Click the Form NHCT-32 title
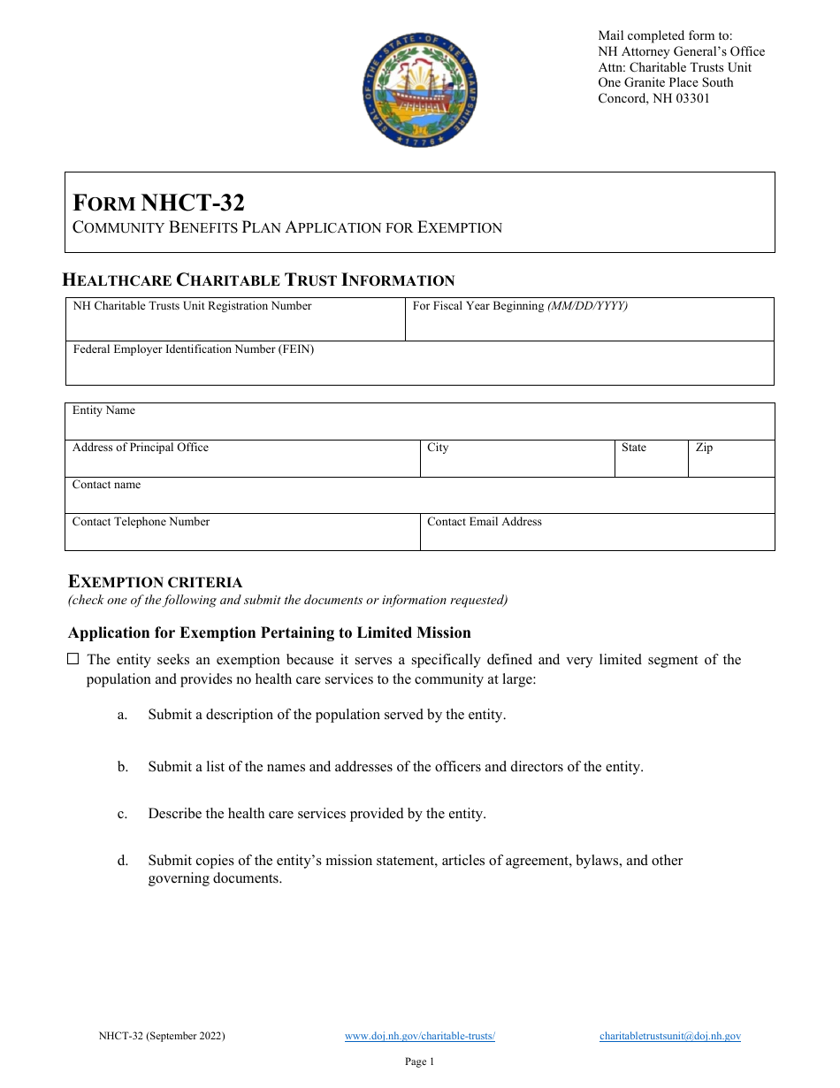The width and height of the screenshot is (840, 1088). (x=158, y=203)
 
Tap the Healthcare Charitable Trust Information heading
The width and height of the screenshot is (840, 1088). (x=258, y=280)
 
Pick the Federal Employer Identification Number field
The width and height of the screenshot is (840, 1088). (x=419, y=367)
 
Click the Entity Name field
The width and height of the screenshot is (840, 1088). (x=419, y=424)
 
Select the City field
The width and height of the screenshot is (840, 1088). (x=516, y=461)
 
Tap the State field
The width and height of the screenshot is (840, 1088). (x=651, y=461)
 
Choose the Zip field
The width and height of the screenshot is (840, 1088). (x=730, y=461)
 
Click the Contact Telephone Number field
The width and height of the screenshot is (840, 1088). (x=242, y=535)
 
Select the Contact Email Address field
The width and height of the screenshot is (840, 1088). (x=597, y=535)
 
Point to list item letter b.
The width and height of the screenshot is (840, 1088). (x=123, y=767)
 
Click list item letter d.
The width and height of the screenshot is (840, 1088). (x=123, y=860)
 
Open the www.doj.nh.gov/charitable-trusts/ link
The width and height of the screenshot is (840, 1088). (x=419, y=1036)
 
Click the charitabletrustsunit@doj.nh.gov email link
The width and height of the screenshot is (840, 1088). (x=669, y=1036)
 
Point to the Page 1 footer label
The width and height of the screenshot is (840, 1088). (x=419, y=1061)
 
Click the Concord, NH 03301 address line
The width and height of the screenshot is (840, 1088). (x=653, y=98)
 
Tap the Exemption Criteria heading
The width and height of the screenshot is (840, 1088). (x=156, y=582)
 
